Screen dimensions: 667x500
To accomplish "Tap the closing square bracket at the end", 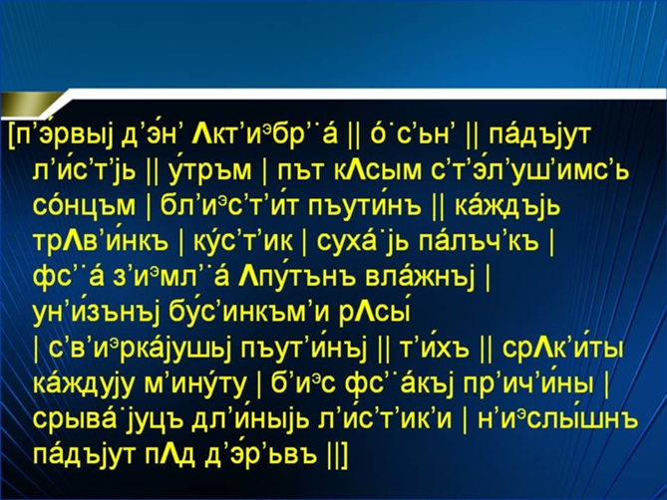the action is click(343, 456).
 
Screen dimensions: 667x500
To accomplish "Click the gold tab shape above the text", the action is click(33, 104).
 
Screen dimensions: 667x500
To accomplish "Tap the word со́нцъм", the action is click(84, 206).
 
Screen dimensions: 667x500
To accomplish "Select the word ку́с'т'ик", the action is click(243, 241).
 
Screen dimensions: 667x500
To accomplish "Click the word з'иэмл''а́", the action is click(170, 278).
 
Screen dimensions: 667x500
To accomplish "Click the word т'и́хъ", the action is click(435, 350).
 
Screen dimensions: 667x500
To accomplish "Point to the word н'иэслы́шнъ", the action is click(557, 420).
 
